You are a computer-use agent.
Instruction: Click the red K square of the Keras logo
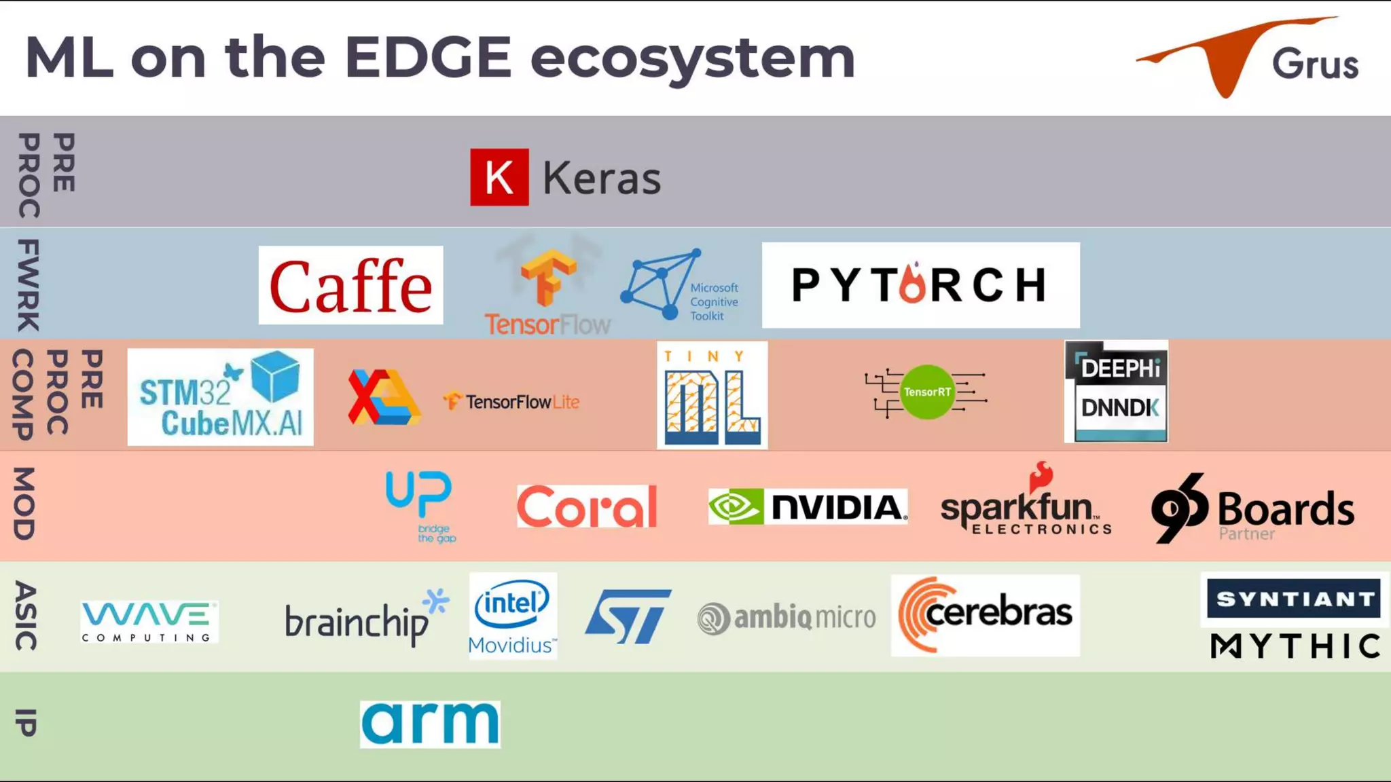(499, 177)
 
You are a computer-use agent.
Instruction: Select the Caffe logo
(350, 285)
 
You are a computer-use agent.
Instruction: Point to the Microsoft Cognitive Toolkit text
(714, 301)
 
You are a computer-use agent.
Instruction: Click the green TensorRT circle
(927, 392)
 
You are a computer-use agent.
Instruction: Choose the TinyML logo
(712, 395)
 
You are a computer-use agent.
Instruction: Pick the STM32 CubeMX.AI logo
(220, 397)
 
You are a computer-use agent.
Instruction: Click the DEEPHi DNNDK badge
(1117, 392)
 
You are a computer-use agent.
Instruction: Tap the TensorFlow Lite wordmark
(522, 402)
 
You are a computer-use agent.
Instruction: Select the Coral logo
(587, 506)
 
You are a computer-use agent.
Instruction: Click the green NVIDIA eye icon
(736, 506)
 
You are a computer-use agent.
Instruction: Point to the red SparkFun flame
(1041, 477)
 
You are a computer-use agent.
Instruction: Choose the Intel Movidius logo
(513, 616)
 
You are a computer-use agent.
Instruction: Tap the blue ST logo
(628, 616)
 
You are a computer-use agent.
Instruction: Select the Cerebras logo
(985, 615)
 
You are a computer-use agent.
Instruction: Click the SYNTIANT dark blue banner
(1294, 599)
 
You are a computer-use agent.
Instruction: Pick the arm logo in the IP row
(430, 724)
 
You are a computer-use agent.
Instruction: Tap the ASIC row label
(26, 616)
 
